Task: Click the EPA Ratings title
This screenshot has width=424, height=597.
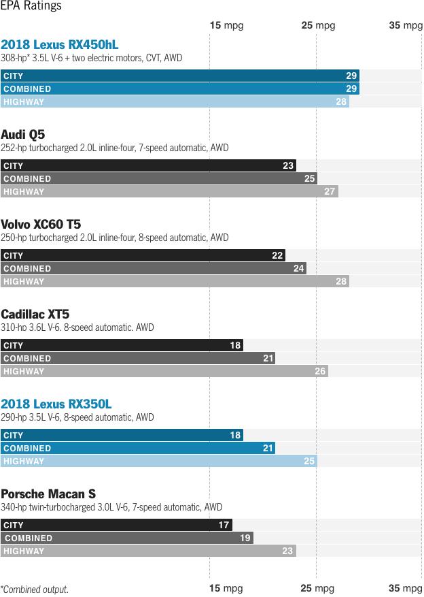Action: click(31, 6)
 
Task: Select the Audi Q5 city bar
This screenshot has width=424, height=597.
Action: click(148, 165)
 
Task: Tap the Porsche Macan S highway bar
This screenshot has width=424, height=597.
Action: click(148, 551)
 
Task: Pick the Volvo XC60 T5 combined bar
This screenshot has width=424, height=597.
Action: click(153, 269)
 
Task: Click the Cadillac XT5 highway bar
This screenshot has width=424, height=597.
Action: click(164, 372)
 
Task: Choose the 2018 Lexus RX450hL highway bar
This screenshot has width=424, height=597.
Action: click(175, 102)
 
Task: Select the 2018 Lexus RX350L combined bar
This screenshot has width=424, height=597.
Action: click(138, 449)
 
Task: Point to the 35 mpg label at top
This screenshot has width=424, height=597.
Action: click(406, 25)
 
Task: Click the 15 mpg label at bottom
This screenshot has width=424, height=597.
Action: click(226, 588)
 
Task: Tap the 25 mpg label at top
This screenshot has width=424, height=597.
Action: click(318, 25)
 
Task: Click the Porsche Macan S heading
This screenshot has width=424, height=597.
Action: click(48, 494)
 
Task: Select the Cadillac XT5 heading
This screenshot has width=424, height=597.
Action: click(35, 314)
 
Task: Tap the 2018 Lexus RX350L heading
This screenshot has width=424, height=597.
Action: click(56, 404)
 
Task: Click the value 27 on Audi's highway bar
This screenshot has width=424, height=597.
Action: click(330, 192)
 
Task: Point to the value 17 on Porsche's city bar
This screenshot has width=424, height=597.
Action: click(224, 526)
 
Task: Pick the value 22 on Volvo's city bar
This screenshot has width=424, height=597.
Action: click(277, 256)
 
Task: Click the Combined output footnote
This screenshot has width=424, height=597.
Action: click(35, 590)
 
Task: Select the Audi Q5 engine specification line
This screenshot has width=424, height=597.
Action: click(115, 148)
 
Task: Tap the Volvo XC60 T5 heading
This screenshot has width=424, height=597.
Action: click(41, 224)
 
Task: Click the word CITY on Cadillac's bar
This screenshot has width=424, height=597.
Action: click(14, 346)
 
